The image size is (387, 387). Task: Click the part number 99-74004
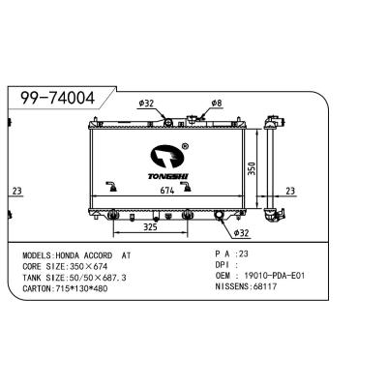57,98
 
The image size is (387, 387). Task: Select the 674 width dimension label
167,191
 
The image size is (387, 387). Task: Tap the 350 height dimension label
252,168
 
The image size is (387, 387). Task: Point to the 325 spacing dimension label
150,227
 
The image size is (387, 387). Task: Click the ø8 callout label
217,104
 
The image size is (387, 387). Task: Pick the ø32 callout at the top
146,104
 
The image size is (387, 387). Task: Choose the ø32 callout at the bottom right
241,233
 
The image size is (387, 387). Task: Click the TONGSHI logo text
168,176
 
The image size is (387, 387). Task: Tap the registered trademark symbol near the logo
185,146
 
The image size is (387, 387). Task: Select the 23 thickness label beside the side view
290,191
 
